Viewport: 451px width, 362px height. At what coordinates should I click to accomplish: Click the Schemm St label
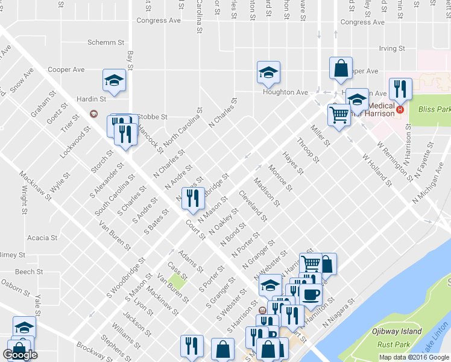click(x=106, y=43)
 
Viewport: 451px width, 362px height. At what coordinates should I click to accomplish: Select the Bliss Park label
click(x=434, y=110)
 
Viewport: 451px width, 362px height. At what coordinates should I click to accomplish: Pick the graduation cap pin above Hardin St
click(x=113, y=80)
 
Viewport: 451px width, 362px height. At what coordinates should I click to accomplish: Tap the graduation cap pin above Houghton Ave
click(x=268, y=73)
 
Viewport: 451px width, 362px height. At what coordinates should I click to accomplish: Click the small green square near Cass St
click(x=177, y=281)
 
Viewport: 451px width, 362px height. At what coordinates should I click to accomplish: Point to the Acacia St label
click(x=42, y=238)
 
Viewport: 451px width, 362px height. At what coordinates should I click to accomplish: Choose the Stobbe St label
click(x=152, y=116)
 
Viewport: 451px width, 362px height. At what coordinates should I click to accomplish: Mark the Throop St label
click(x=308, y=150)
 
